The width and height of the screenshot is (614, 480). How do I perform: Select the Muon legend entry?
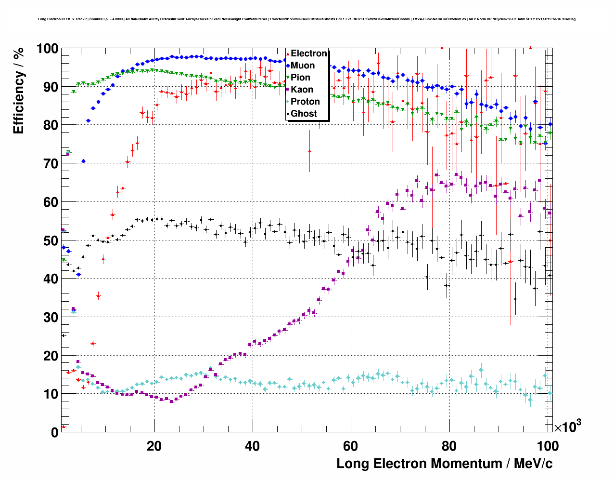click(x=303, y=66)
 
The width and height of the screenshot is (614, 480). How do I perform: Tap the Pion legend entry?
click(x=300, y=78)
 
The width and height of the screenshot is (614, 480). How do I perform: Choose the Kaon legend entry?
click(x=302, y=90)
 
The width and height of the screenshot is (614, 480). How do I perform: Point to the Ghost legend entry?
click(x=304, y=114)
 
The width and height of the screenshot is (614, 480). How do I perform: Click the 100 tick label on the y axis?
click(x=47, y=49)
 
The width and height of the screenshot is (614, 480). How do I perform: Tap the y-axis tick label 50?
click(x=51, y=240)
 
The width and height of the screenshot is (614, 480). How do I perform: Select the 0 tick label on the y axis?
click(x=55, y=432)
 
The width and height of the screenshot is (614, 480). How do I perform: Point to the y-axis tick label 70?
click(x=51, y=164)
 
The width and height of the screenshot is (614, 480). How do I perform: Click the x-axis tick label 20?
click(x=154, y=446)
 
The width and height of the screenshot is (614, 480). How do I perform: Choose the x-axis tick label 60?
click(x=350, y=446)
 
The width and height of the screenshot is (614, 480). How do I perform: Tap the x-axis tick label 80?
click(x=449, y=446)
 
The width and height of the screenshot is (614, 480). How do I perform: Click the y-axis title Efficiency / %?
click(x=18, y=91)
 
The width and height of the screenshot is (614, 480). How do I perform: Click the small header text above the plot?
click(x=307, y=19)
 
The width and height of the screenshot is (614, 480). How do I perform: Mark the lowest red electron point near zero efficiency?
click(x=64, y=427)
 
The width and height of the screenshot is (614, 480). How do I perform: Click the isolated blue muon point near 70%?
click(x=83, y=161)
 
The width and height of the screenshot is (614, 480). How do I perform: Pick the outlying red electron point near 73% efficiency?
click(x=309, y=151)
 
